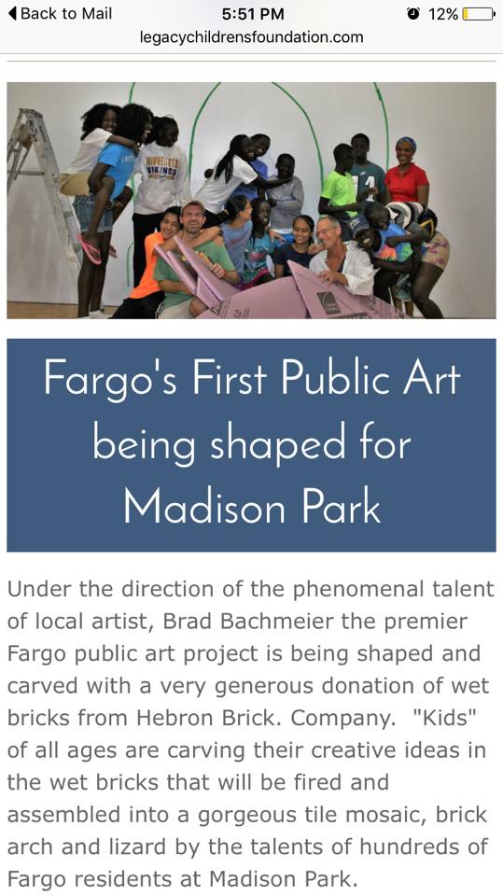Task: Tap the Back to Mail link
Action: coord(60,14)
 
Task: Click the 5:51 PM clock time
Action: coord(253,14)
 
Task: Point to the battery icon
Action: coord(479,14)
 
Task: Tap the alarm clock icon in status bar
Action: coord(413,14)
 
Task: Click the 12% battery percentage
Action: coord(443,14)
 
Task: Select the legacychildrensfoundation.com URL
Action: coord(252,37)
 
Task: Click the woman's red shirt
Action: coord(406,184)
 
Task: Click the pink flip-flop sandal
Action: coord(91,250)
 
